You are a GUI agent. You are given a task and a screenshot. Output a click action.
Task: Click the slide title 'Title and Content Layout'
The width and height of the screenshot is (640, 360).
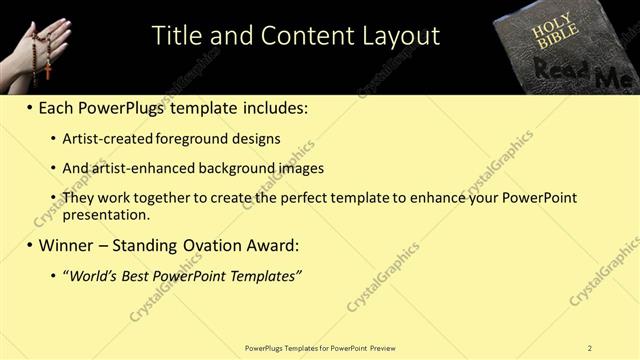tap(295, 36)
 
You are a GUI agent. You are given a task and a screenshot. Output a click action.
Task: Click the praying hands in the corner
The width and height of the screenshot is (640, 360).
tap(50, 40)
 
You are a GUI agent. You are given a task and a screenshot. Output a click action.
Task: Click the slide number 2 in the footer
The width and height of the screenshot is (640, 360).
tap(590, 348)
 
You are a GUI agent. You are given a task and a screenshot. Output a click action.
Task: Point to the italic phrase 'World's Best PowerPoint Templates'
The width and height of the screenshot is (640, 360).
tap(182, 275)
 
